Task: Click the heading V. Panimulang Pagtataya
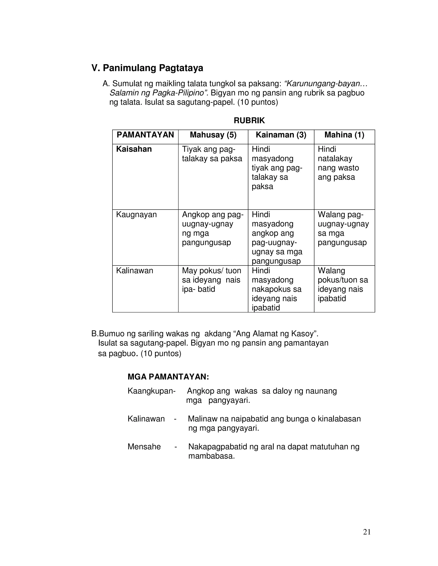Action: (147, 68)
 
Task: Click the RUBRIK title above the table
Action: (249, 120)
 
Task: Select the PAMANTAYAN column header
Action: (145, 135)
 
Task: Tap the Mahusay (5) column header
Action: (213, 135)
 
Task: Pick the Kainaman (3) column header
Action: (281, 135)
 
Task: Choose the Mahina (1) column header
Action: (344, 135)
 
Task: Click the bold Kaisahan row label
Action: (134, 149)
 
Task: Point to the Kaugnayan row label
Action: (136, 215)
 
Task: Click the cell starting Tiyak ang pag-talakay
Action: (212, 154)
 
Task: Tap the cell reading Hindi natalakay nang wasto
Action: (338, 163)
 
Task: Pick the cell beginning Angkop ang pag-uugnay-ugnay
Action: (213, 228)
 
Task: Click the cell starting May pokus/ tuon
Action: (211, 280)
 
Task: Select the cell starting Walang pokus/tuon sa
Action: (343, 284)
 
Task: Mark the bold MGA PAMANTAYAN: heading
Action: (168, 377)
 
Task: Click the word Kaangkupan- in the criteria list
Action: (152, 391)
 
